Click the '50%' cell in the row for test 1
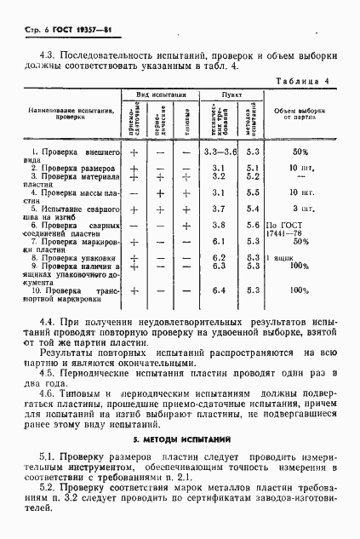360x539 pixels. (x=300, y=151)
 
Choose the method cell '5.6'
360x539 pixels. (x=251, y=225)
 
